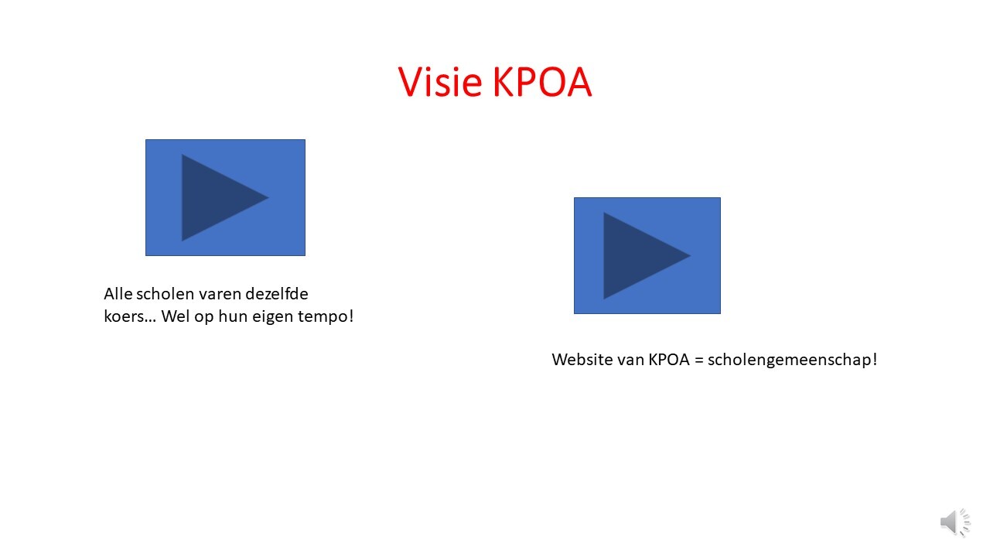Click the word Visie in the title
pos(440,82)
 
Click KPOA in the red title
pos(542,82)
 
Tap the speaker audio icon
pos(955,523)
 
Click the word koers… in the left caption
pos(130,316)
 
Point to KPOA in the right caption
pos(669,360)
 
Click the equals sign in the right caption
pos(698,361)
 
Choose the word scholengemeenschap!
pos(793,361)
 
